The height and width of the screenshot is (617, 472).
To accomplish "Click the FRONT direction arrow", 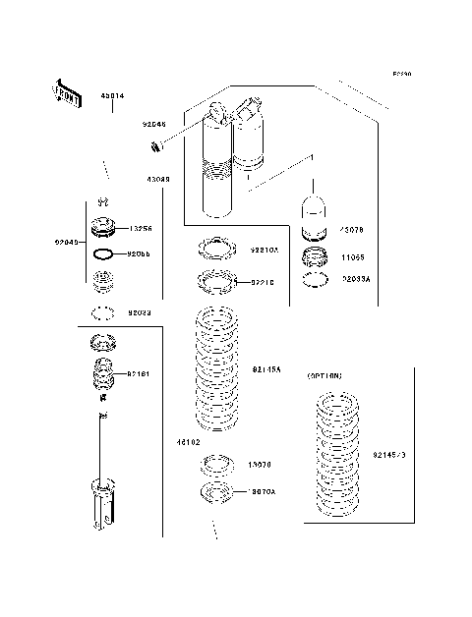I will [x=61, y=90].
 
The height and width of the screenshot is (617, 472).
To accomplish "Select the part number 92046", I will [x=153, y=126].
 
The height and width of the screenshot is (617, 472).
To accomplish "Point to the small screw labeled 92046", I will [x=154, y=148].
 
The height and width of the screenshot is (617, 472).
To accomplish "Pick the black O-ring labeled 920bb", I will [x=102, y=254].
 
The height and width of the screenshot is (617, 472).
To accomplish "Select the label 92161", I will [x=139, y=373].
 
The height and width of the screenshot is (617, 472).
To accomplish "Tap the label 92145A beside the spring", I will [x=266, y=369].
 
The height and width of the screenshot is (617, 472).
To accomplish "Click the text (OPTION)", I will [x=324, y=376].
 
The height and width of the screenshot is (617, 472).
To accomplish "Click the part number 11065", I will [x=353, y=257].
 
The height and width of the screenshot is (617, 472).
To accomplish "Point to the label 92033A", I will [x=356, y=279].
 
